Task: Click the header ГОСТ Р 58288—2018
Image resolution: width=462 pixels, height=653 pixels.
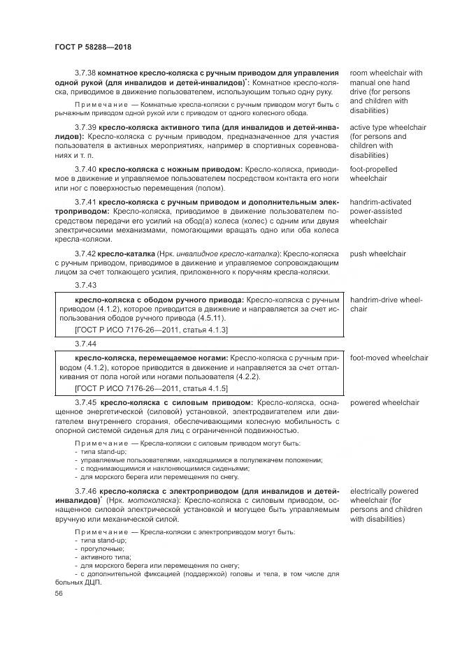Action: (x=93, y=47)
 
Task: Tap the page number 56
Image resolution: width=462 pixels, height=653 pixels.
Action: (x=59, y=592)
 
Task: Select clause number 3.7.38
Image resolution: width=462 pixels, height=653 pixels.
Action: (x=85, y=73)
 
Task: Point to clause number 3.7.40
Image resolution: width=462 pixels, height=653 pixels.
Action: (x=85, y=170)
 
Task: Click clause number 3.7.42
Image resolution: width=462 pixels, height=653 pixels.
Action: (x=85, y=254)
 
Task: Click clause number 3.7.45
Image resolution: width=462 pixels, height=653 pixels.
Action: (x=85, y=403)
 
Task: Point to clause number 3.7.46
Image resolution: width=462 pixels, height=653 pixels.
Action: (x=85, y=491)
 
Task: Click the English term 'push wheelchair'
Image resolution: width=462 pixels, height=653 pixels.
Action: (x=377, y=254)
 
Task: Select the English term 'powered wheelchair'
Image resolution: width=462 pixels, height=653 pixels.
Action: (x=384, y=403)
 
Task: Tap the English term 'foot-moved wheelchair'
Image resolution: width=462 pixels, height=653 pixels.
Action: (x=389, y=358)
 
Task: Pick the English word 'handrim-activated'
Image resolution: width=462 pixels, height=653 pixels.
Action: (x=380, y=203)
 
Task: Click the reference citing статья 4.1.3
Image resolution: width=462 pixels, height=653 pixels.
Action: (x=150, y=330)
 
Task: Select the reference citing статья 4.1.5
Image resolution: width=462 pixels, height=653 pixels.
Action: (x=150, y=388)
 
